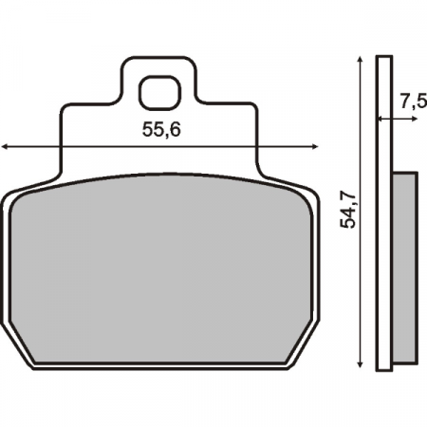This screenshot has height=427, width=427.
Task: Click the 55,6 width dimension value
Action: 160,132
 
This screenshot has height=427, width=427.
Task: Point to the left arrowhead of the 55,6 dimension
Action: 8,147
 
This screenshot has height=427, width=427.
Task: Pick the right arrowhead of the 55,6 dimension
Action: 313,147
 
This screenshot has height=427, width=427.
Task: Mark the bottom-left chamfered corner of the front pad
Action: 25,345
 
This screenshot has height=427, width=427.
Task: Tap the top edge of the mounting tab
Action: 159,59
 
